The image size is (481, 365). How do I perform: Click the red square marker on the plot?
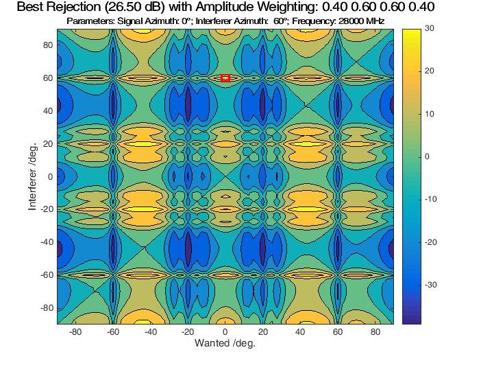click(225, 78)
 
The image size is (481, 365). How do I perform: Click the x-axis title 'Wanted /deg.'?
click(225, 343)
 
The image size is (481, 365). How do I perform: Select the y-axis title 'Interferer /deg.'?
click(32, 176)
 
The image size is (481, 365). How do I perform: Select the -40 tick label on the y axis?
click(47, 242)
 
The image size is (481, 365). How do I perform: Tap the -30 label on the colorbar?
click(430, 285)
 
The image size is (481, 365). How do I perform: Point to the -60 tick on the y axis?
click(47, 275)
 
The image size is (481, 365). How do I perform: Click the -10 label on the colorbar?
click(430, 200)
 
